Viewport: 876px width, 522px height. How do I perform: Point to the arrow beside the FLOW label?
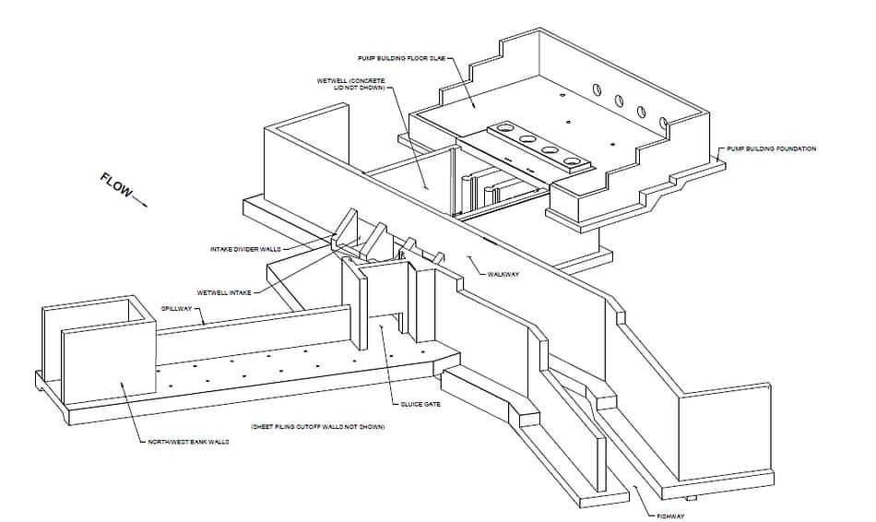pyautogui.click(x=138, y=200)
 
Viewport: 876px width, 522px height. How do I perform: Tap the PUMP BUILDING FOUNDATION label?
pyautogui.click(x=771, y=148)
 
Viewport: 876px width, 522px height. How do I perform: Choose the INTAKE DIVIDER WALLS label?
pyautogui.click(x=243, y=249)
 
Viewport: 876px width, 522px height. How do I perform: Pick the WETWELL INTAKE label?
pyautogui.click(x=223, y=293)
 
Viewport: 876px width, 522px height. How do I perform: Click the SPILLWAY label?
pyautogui.click(x=176, y=308)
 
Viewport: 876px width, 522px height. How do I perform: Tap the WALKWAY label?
pyautogui.click(x=505, y=274)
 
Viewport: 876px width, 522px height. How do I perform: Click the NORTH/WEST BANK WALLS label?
pyautogui.click(x=188, y=442)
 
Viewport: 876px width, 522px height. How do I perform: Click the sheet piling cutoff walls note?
pyautogui.click(x=317, y=428)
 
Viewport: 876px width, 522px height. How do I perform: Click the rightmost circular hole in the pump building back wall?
pyautogui.click(x=663, y=122)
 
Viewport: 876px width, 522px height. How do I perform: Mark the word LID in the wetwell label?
pyautogui.click(x=337, y=88)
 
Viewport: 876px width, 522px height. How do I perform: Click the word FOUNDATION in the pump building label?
pyautogui.click(x=795, y=148)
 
